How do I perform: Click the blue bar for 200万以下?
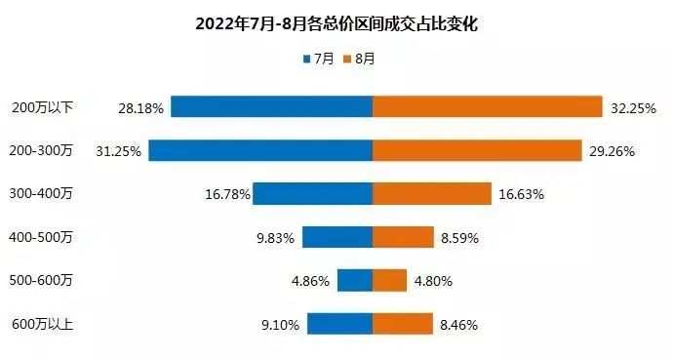(x=271, y=106)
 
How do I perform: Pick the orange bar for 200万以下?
(x=487, y=106)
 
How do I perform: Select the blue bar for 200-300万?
(x=260, y=150)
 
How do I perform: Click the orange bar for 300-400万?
(x=431, y=194)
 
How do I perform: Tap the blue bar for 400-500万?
(x=337, y=237)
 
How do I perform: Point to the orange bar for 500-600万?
(x=389, y=280)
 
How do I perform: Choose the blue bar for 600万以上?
(x=339, y=324)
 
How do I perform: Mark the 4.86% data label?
(x=312, y=281)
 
